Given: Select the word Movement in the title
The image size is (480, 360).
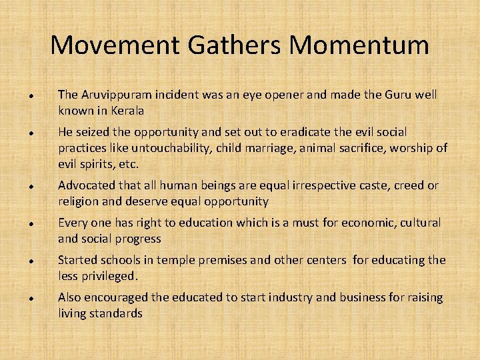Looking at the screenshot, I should (111, 45).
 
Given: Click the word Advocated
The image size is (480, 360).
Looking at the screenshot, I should (87, 185).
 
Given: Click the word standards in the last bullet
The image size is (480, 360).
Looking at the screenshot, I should (118, 313).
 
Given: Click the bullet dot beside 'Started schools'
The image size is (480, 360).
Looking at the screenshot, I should (32, 261).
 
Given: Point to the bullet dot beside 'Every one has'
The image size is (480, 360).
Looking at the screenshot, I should (32, 223).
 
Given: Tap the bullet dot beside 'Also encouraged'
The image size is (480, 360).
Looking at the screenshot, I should (32, 298).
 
